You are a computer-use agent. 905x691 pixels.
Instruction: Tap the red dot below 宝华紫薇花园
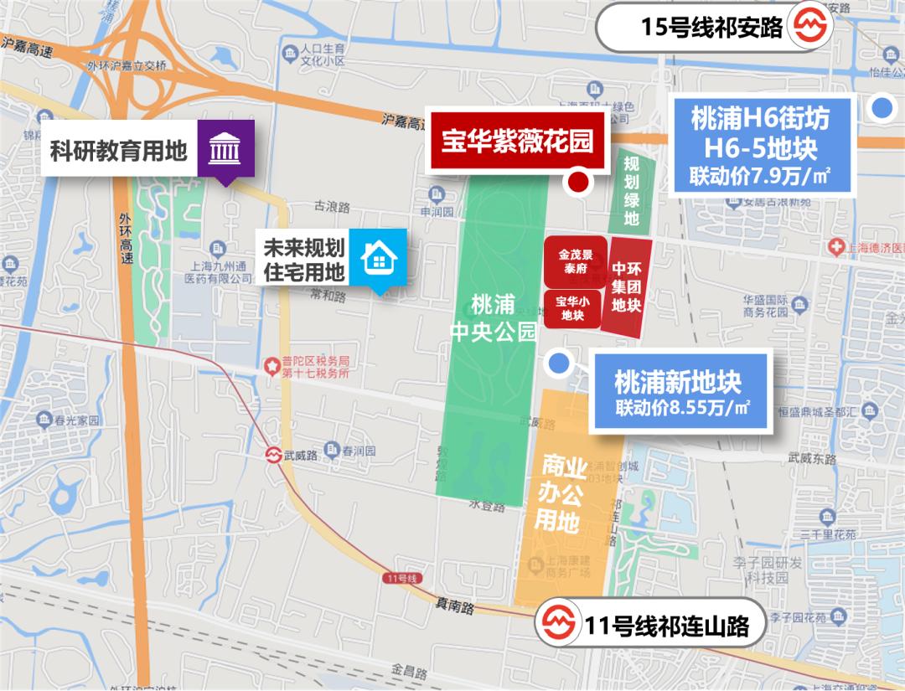click(x=577, y=183)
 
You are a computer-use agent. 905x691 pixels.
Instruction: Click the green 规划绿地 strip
click(x=631, y=190)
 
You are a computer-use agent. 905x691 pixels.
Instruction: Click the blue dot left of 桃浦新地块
click(x=558, y=363)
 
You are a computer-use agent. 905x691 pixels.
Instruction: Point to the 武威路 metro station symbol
click(x=273, y=455)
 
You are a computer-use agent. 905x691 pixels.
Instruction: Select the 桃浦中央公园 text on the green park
click(x=493, y=317)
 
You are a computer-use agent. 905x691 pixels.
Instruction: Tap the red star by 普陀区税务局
click(x=271, y=366)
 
